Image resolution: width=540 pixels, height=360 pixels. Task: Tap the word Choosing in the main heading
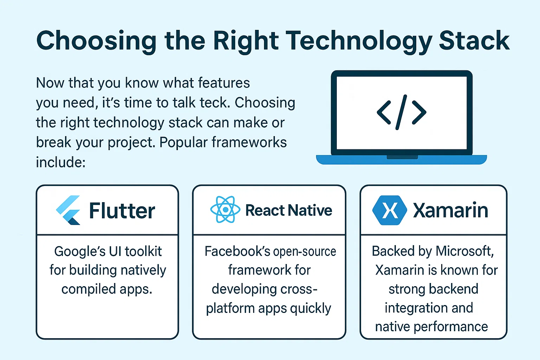click(96, 41)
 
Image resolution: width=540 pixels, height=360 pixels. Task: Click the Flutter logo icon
click(68, 210)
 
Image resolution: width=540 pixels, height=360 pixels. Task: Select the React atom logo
click(225, 210)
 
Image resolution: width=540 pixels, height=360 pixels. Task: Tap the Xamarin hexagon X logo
click(390, 210)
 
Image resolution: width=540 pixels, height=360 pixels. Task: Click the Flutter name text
click(122, 211)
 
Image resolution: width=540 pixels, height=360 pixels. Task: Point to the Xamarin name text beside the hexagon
click(451, 210)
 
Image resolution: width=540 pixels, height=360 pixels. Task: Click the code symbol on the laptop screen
click(401, 112)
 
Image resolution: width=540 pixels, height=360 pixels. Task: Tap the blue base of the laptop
click(401, 160)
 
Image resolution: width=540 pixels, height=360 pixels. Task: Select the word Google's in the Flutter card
click(80, 252)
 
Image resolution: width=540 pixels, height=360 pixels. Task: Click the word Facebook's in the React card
click(237, 251)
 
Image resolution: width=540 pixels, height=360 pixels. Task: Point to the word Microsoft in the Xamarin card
click(465, 251)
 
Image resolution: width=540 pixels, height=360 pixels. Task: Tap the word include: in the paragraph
click(61, 162)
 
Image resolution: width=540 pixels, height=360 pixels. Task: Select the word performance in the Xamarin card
click(451, 327)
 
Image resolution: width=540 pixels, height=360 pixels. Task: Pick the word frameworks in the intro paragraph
click(249, 142)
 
